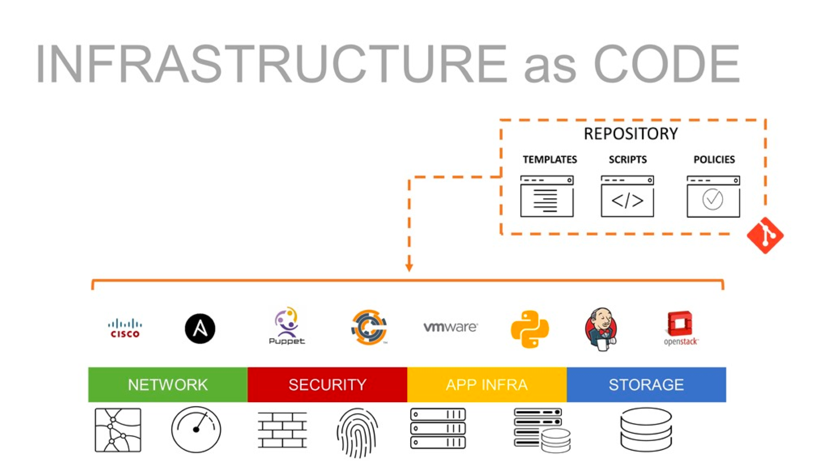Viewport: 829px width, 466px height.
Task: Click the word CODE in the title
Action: tap(666, 64)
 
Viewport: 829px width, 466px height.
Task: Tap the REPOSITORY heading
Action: tap(631, 134)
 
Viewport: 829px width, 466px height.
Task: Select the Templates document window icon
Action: tap(547, 196)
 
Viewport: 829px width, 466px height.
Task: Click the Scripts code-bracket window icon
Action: tap(627, 196)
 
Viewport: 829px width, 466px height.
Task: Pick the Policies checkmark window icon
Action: tap(713, 196)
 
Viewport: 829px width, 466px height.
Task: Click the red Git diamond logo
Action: tap(765, 235)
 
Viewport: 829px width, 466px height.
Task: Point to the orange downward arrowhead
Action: tap(409, 267)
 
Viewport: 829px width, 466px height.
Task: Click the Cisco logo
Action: tap(125, 328)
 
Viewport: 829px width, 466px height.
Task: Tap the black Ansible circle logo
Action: tap(200, 328)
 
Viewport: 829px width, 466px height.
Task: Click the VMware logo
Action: tap(450, 327)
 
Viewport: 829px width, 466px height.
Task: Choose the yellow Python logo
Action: tap(529, 329)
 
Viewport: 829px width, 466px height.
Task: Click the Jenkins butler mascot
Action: tap(601, 329)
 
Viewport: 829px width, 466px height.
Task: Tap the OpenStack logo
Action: tap(681, 328)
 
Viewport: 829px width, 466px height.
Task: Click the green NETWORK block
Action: tap(168, 385)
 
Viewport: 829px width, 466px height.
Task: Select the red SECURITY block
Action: tap(327, 385)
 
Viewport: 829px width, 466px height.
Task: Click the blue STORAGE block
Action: tap(646, 385)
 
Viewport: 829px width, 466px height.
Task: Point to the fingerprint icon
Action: tap(357, 432)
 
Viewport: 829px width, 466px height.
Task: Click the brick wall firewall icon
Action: tap(282, 430)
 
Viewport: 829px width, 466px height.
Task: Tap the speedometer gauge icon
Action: tap(196, 430)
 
